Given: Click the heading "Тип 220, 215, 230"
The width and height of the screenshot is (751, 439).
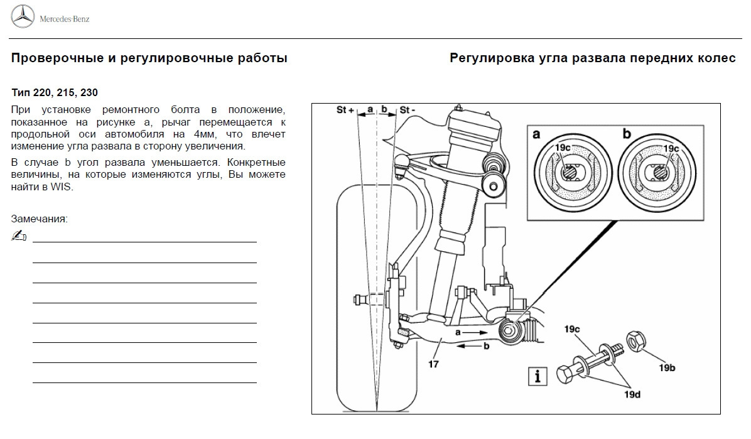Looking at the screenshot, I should tap(55, 92).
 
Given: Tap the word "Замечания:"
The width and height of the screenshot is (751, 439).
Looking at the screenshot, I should tap(39, 219).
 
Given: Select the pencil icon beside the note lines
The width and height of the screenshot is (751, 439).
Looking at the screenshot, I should tap(19, 236).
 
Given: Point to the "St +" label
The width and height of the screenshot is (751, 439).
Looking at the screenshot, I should tap(345, 110).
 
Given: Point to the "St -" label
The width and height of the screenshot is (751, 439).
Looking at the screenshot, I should tap(408, 110).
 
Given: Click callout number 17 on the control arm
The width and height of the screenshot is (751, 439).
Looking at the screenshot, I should tap(433, 364).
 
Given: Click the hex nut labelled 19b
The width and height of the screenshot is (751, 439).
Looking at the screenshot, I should tap(635, 342).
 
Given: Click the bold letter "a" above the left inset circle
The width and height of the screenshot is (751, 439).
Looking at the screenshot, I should tap(537, 133).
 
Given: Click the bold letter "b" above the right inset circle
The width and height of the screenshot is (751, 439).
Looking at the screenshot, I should tap(626, 133).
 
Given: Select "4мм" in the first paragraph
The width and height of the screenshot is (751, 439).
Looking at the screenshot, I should tap(203, 134).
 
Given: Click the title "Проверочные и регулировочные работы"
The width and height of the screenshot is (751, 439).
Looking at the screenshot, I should tap(149, 58).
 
